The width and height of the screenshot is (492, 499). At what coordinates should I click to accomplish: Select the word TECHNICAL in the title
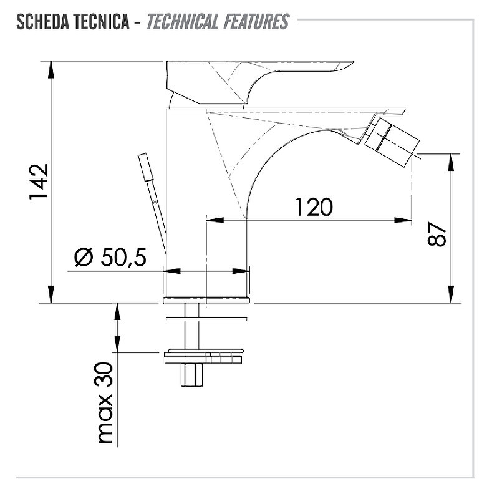click(183, 22)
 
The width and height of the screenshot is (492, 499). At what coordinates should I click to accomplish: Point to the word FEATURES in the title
click(256, 22)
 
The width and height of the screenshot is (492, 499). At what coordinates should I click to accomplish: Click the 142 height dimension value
click(39, 182)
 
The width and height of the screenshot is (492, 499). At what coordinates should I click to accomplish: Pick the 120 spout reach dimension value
click(314, 207)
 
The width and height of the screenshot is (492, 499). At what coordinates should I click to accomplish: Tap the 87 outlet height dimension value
click(437, 234)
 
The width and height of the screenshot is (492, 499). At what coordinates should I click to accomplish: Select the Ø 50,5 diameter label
click(110, 257)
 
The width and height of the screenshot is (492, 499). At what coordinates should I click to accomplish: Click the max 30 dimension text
click(105, 402)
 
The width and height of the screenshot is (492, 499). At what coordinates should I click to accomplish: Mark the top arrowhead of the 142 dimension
click(51, 69)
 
